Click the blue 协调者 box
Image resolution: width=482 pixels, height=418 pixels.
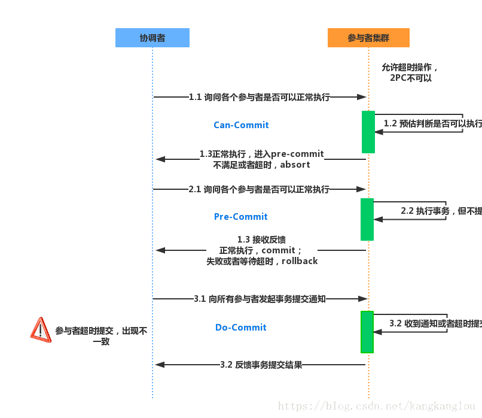pyautogui.click(x=152, y=38)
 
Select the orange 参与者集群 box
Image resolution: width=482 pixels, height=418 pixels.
pyautogui.click(x=368, y=38)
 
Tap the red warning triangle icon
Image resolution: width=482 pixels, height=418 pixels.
pyautogui.click(x=41, y=330)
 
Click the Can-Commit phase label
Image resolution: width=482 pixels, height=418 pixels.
pyautogui.click(x=241, y=125)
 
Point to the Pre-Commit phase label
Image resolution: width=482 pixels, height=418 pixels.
pyautogui.click(x=241, y=217)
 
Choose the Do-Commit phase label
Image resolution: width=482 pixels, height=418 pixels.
pyautogui.click(x=241, y=328)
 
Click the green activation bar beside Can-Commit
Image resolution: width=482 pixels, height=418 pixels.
pyautogui.click(x=368, y=132)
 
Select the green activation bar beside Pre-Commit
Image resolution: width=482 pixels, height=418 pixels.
pyautogui.click(x=367, y=219)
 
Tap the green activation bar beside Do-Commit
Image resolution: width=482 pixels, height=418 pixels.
pyautogui.click(x=367, y=332)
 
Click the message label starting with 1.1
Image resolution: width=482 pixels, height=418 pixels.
pyautogui.click(x=260, y=97)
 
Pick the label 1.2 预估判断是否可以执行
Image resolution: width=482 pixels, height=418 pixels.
pyautogui.click(x=432, y=123)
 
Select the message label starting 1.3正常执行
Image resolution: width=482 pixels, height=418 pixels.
pyautogui.click(x=262, y=159)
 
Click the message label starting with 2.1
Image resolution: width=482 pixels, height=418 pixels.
pyautogui.click(x=259, y=189)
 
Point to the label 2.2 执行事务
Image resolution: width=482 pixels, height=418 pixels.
pyautogui.click(x=441, y=211)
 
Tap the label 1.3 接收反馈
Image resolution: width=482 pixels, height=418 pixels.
pyautogui.click(x=262, y=250)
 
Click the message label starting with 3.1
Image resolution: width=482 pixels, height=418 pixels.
pyautogui.click(x=260, y=299)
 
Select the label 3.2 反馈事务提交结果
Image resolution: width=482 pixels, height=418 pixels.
pyautogui.click(x=261, y=365)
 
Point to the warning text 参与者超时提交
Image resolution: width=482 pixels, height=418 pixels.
pyautogui.click(x=101, y=336)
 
